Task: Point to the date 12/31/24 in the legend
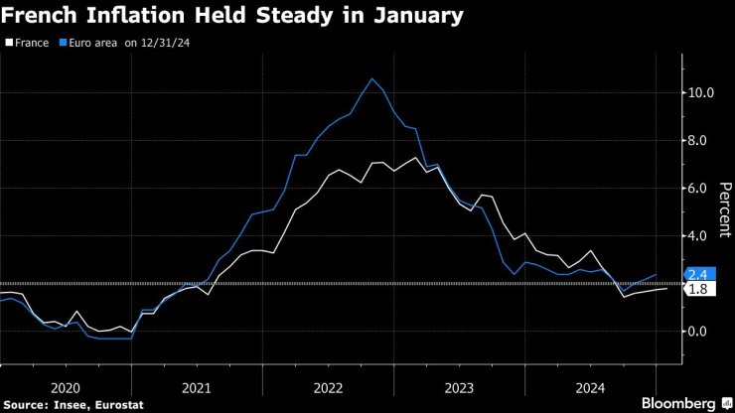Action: coord(167,44)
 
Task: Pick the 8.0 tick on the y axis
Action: coord(697,141)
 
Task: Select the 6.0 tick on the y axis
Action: coord(697,189)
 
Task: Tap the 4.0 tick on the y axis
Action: coord(697,236)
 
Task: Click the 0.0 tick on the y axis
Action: coord(697,332)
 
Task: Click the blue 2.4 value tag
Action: coord(697,274)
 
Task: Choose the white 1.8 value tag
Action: coord(697,289)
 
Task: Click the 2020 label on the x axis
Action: coord(66,388)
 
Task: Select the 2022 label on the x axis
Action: coord(328,388)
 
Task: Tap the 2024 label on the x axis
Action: coord(590,388)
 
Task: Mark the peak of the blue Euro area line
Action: coord(371,78)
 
